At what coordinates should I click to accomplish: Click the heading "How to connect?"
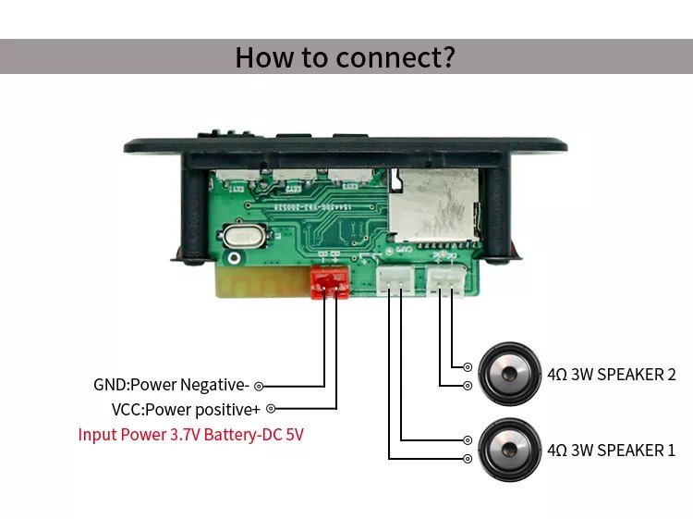tap(345, 56)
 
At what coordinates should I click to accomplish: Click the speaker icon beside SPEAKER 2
tap(509, 375)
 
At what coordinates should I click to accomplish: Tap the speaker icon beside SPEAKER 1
tap(509, 450)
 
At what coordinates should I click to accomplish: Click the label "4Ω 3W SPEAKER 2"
tap(612, 375)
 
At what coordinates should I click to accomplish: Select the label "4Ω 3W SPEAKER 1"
tap(612, 451)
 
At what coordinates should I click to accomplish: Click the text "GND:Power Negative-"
tap(171, 385)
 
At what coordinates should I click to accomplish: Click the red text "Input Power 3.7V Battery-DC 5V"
tap(191, 434)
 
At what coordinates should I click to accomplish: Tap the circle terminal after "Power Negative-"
tap(259, 386)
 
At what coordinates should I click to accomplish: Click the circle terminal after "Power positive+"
tap(271, 408)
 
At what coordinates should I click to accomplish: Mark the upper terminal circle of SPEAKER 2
tap(468, 367)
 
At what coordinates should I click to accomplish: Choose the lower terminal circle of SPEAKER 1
tap(468, 458)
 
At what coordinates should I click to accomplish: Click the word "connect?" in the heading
tap(395, 56)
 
